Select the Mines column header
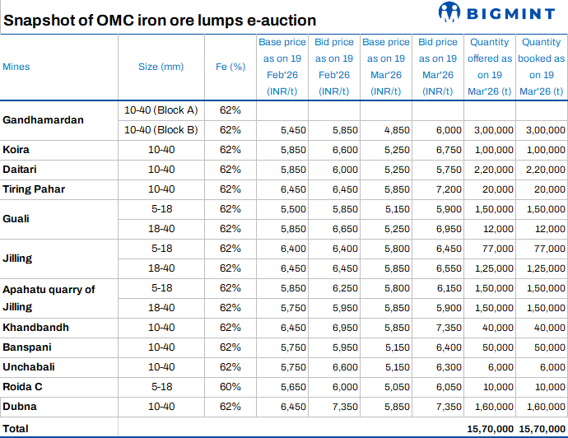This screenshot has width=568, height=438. point(16,67)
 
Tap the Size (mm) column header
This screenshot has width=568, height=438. point(161,67)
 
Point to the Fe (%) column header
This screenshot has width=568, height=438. point(230,67)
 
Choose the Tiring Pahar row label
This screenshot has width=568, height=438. point(34,189)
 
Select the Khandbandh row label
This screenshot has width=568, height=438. point(35,328)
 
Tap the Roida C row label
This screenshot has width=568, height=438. point(23,387)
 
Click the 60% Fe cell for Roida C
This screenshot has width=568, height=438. point(230,387)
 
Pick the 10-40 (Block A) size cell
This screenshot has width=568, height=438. point(161,109)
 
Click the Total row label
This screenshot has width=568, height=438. point(16,429)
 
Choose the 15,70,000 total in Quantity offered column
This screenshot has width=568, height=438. point(490,429)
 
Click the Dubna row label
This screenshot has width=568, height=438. point(20,407)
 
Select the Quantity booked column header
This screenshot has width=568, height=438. point(542,67)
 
